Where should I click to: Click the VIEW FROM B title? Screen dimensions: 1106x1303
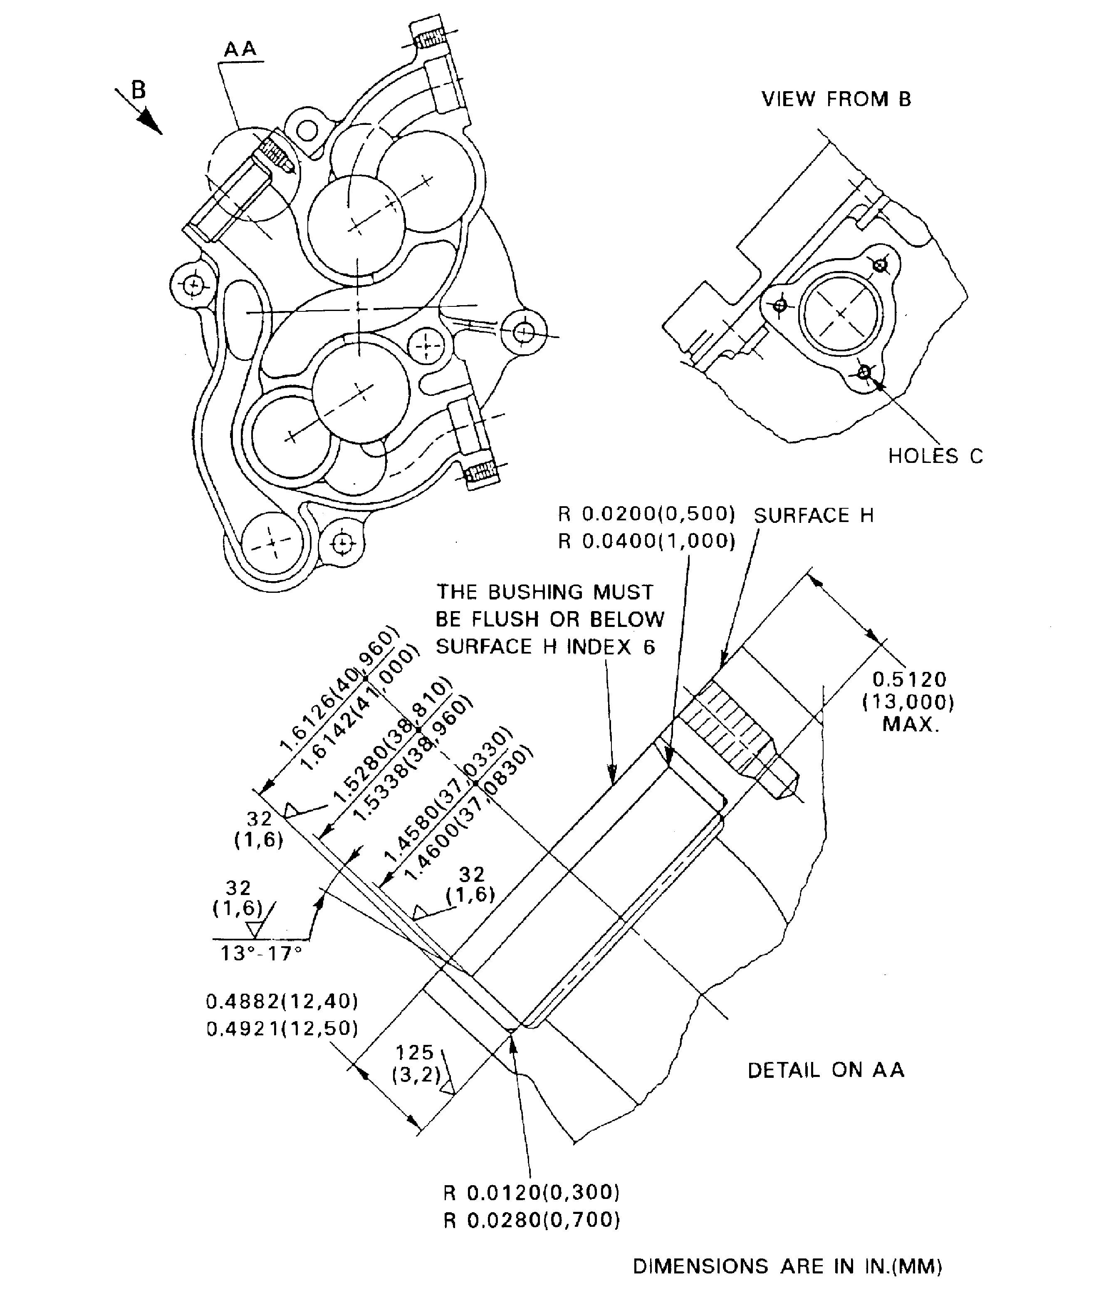[x=836, y=99]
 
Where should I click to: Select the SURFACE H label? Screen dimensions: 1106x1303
[x=813, y=516]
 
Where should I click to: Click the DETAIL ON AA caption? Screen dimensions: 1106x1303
[x=826, y=1070]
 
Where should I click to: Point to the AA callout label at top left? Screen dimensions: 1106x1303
[x=241, y=49]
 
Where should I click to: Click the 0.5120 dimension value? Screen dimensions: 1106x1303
[x=909, y=679]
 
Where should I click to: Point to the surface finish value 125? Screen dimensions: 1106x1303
[x=415, y=1052]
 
